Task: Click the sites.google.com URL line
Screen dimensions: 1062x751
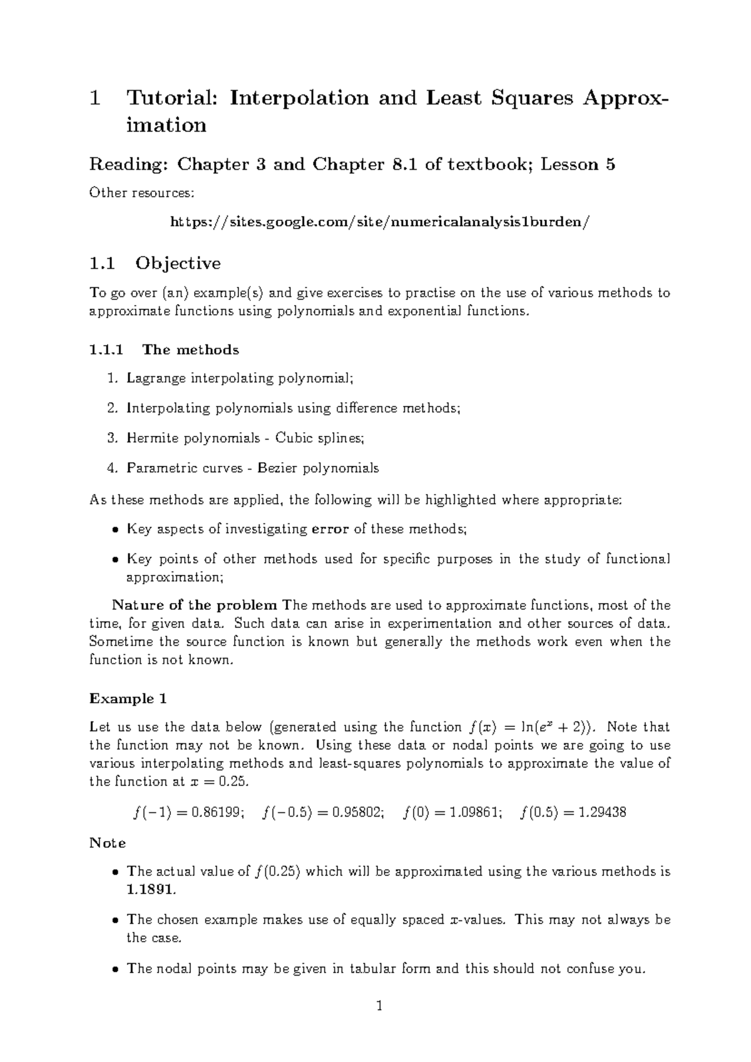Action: (380, 222)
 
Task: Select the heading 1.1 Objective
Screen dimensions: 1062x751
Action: (155, 263)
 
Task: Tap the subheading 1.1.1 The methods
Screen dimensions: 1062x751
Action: (164, 349)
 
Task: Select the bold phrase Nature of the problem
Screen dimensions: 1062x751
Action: (195, 605)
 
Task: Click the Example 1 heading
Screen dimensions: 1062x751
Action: (128, 698)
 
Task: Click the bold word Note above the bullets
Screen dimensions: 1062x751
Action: (108, 843)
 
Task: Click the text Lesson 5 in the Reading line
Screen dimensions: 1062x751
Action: (578, 165)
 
